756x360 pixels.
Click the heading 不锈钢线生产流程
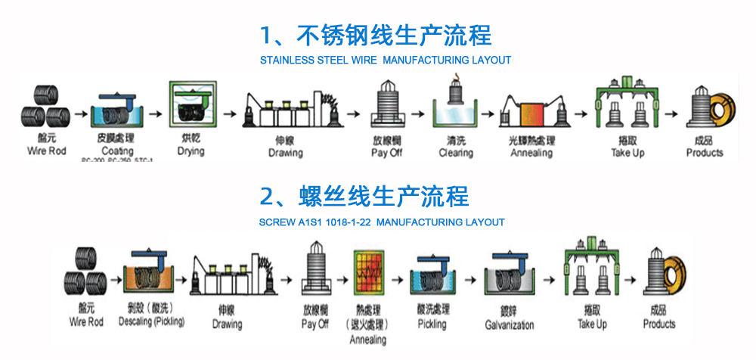tap(376, 35)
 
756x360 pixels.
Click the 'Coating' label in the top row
tap(117, 151)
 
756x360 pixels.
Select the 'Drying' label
tap(191, 151)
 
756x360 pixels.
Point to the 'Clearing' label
tap(456, 153)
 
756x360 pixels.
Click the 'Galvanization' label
tap(509, 324)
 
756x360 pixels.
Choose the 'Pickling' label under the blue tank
tap(432, 324)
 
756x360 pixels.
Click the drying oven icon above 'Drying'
tap(191, 107)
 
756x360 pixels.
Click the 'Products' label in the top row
tap(705, 153)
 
